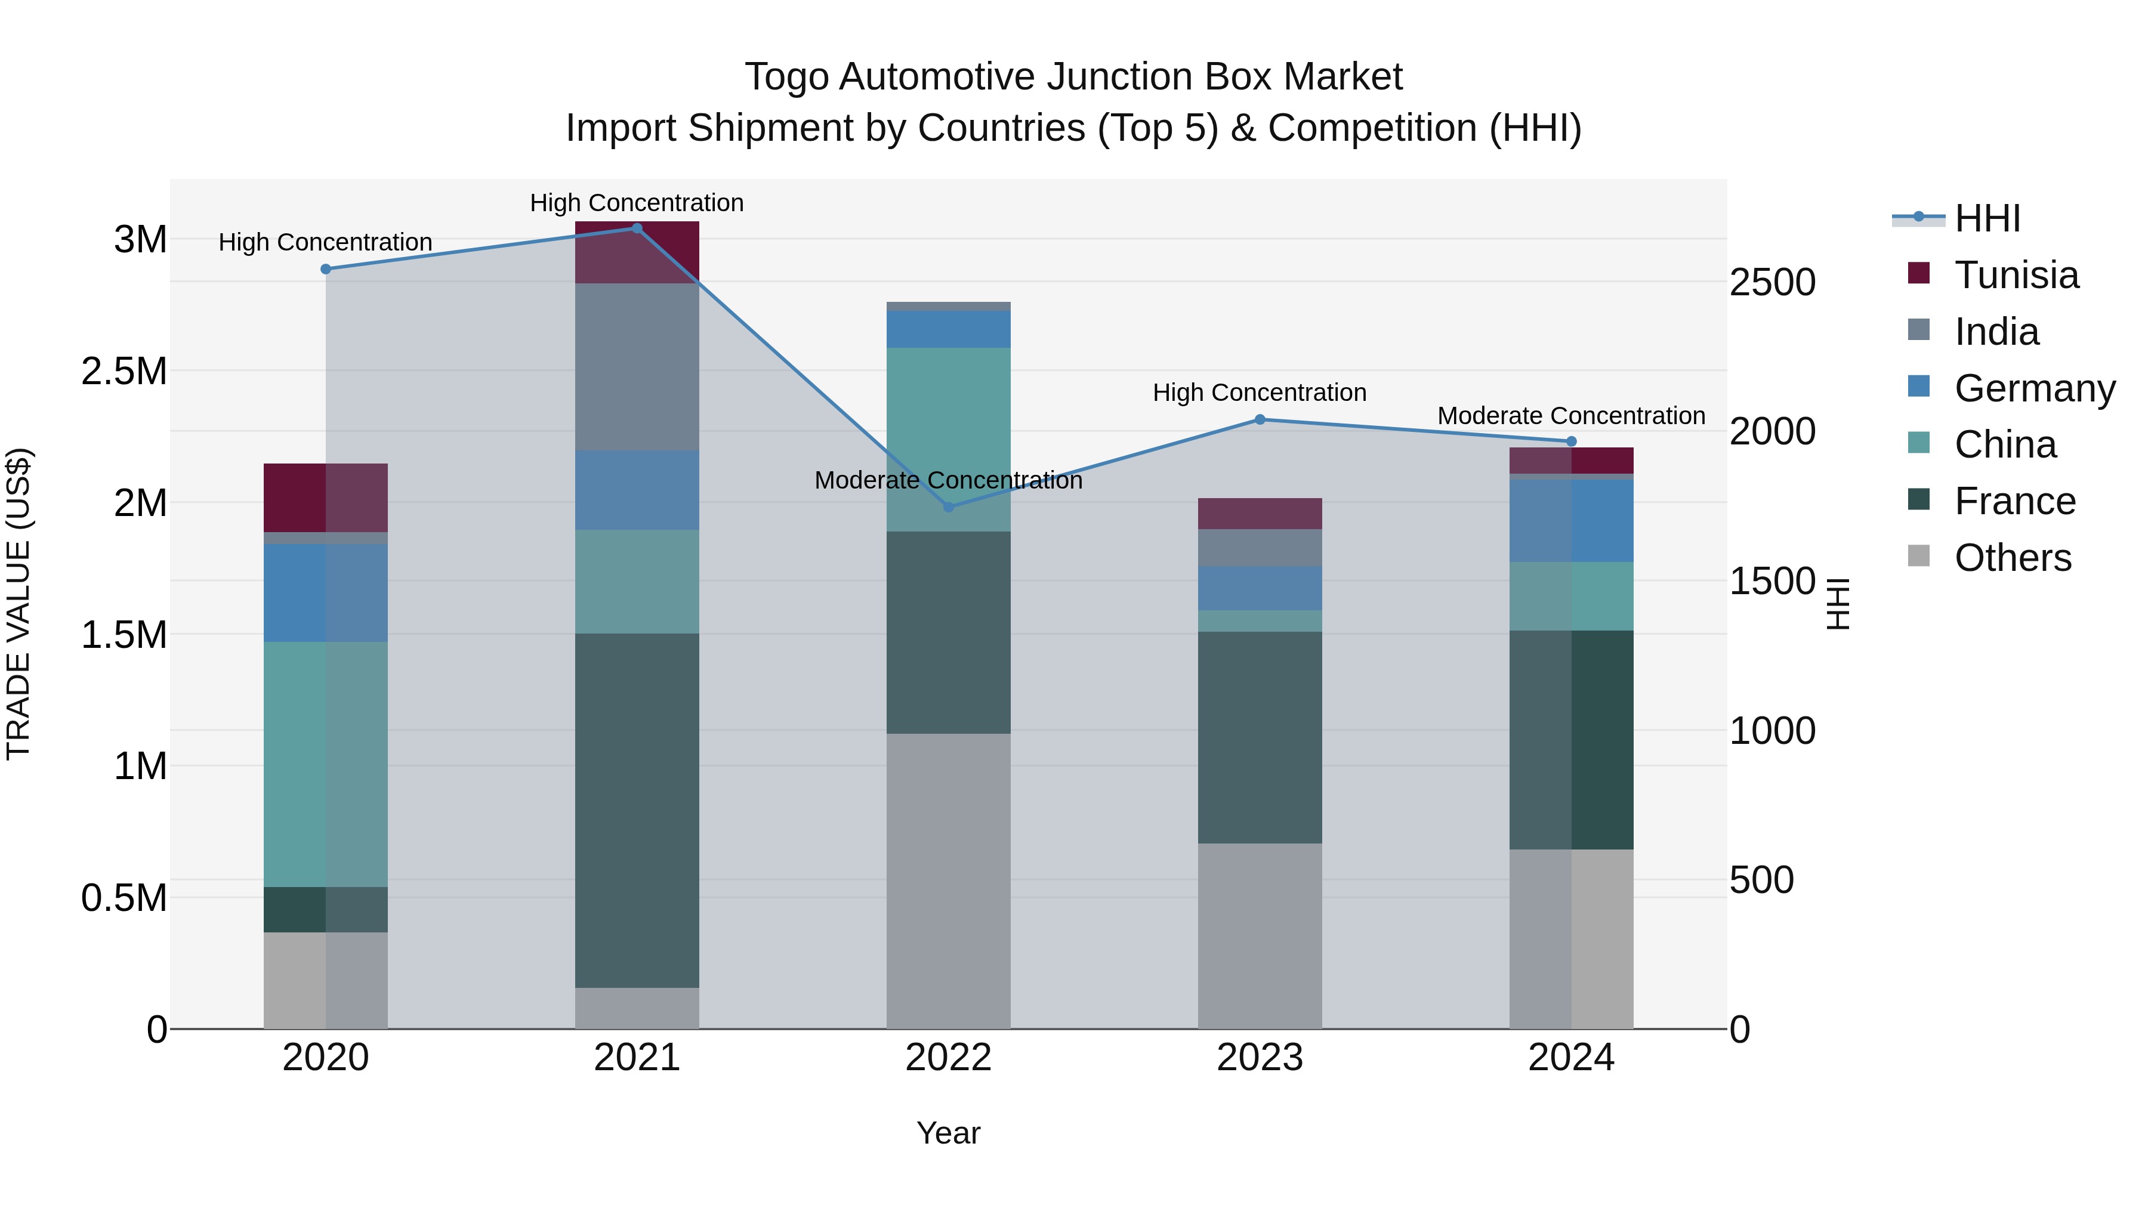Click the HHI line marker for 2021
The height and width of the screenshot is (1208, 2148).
click(637, 228)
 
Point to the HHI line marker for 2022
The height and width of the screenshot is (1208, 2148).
click(948, 507)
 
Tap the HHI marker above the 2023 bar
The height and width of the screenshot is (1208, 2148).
click(1260, 419)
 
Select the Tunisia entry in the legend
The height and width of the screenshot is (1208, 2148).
click(2016, 275)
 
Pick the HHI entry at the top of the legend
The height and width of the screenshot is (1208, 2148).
click(1986, 218)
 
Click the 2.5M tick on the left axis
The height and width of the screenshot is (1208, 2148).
click(124, 372)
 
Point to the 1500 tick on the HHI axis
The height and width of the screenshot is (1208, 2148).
click(1772, 581)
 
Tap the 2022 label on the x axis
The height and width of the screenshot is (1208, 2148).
click(948, 1058)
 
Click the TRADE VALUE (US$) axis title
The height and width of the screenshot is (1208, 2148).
click(19, 604)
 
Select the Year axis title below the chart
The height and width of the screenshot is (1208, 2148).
click(948, 1133)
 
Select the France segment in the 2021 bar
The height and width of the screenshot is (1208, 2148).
click(637, 810)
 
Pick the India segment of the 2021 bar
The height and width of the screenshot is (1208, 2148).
click(637, 367)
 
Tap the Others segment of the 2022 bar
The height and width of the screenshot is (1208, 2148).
click(948, 880)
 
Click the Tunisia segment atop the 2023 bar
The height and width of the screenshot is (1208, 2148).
click(1260, 514)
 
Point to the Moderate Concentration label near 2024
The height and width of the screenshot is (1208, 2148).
click(1571, 415)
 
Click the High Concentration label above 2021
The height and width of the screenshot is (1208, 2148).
click(637, 203)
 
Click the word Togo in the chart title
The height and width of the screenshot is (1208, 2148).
click(787, 77)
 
